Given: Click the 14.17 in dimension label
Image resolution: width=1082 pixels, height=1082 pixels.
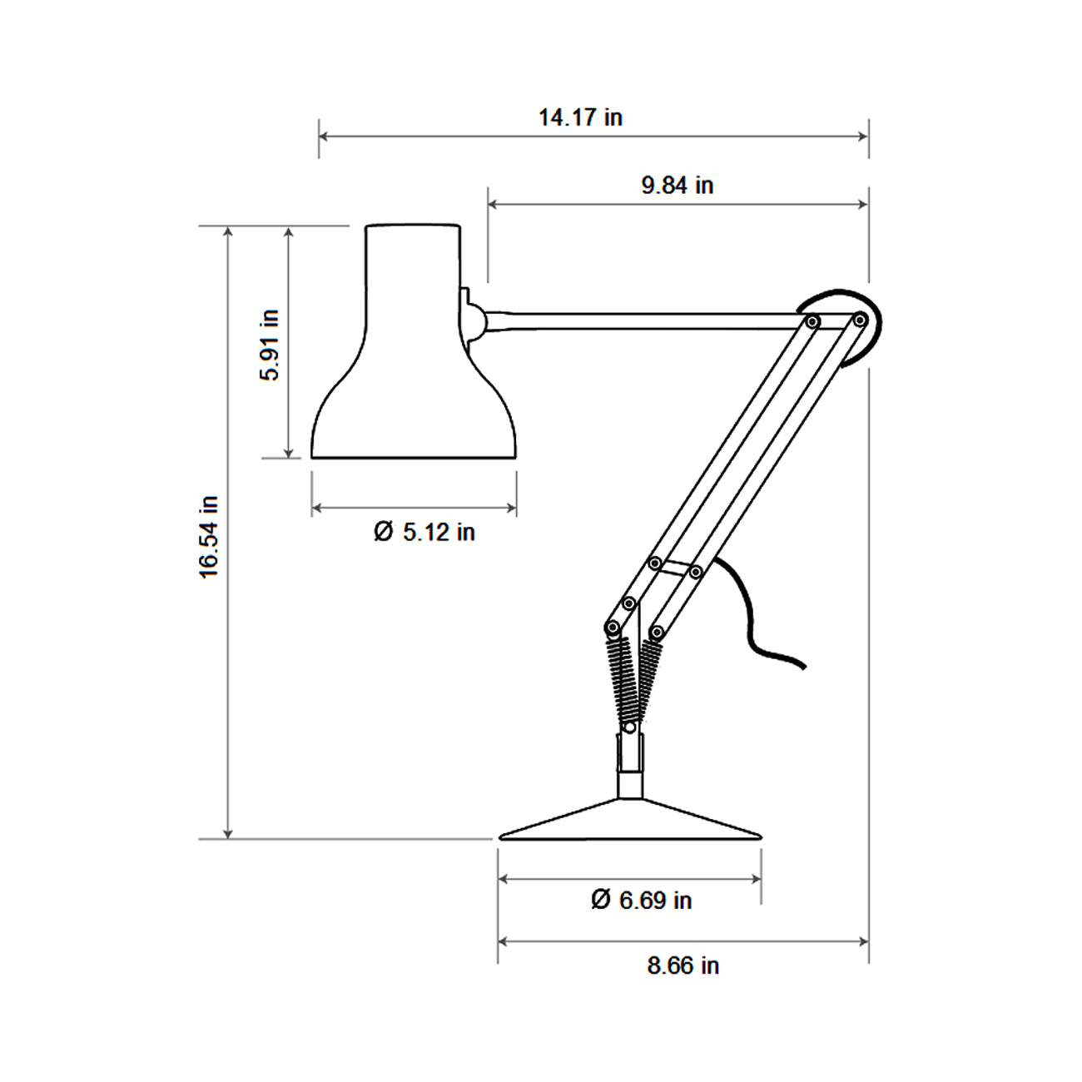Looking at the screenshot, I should pos(580,117).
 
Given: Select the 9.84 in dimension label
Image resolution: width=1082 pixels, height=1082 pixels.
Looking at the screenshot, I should pos(677,185).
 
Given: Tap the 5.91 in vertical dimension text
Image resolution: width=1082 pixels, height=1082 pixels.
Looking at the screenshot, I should pos(270,345).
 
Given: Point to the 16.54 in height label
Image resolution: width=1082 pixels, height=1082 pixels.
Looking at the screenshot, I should pos(209,537).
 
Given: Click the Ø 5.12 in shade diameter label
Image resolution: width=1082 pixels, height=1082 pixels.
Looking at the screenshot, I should pos(424,532).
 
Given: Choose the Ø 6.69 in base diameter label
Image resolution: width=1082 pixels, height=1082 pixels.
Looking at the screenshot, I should pos(641,900).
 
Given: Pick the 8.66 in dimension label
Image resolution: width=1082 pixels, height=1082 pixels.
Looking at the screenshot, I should pos(682,965).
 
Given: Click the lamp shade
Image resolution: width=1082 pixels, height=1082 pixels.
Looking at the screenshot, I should pos(414,375).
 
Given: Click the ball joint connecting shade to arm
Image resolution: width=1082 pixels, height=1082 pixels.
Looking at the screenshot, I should pos(474,321).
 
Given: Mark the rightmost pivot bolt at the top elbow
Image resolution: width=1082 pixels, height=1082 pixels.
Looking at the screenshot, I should pos(860,320).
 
